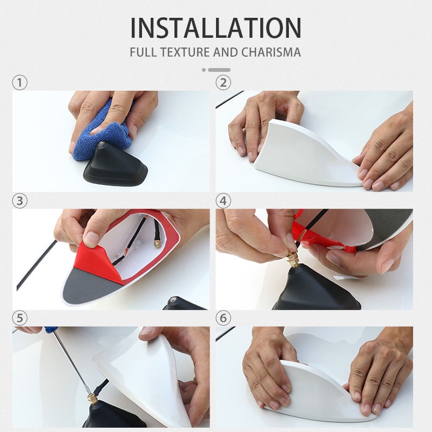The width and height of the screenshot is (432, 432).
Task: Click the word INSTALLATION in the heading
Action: point(215,28)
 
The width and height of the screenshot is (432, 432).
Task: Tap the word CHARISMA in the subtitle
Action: point(271,52)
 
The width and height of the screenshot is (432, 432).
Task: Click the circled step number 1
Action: point(20,83)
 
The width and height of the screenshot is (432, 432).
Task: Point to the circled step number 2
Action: point(223,83)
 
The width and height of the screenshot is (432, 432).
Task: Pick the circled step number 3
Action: point(20,201)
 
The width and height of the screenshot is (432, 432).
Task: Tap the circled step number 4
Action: point(223,201)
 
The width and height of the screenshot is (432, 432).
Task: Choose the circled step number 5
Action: point(20,319)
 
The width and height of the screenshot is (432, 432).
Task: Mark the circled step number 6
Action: point(223,319)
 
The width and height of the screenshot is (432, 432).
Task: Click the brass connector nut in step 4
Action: point(292,259)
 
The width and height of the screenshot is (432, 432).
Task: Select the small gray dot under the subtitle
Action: point(204,70)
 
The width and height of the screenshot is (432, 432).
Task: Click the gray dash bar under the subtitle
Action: point(219,70)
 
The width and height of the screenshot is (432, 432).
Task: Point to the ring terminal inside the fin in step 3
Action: point(158,244)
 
